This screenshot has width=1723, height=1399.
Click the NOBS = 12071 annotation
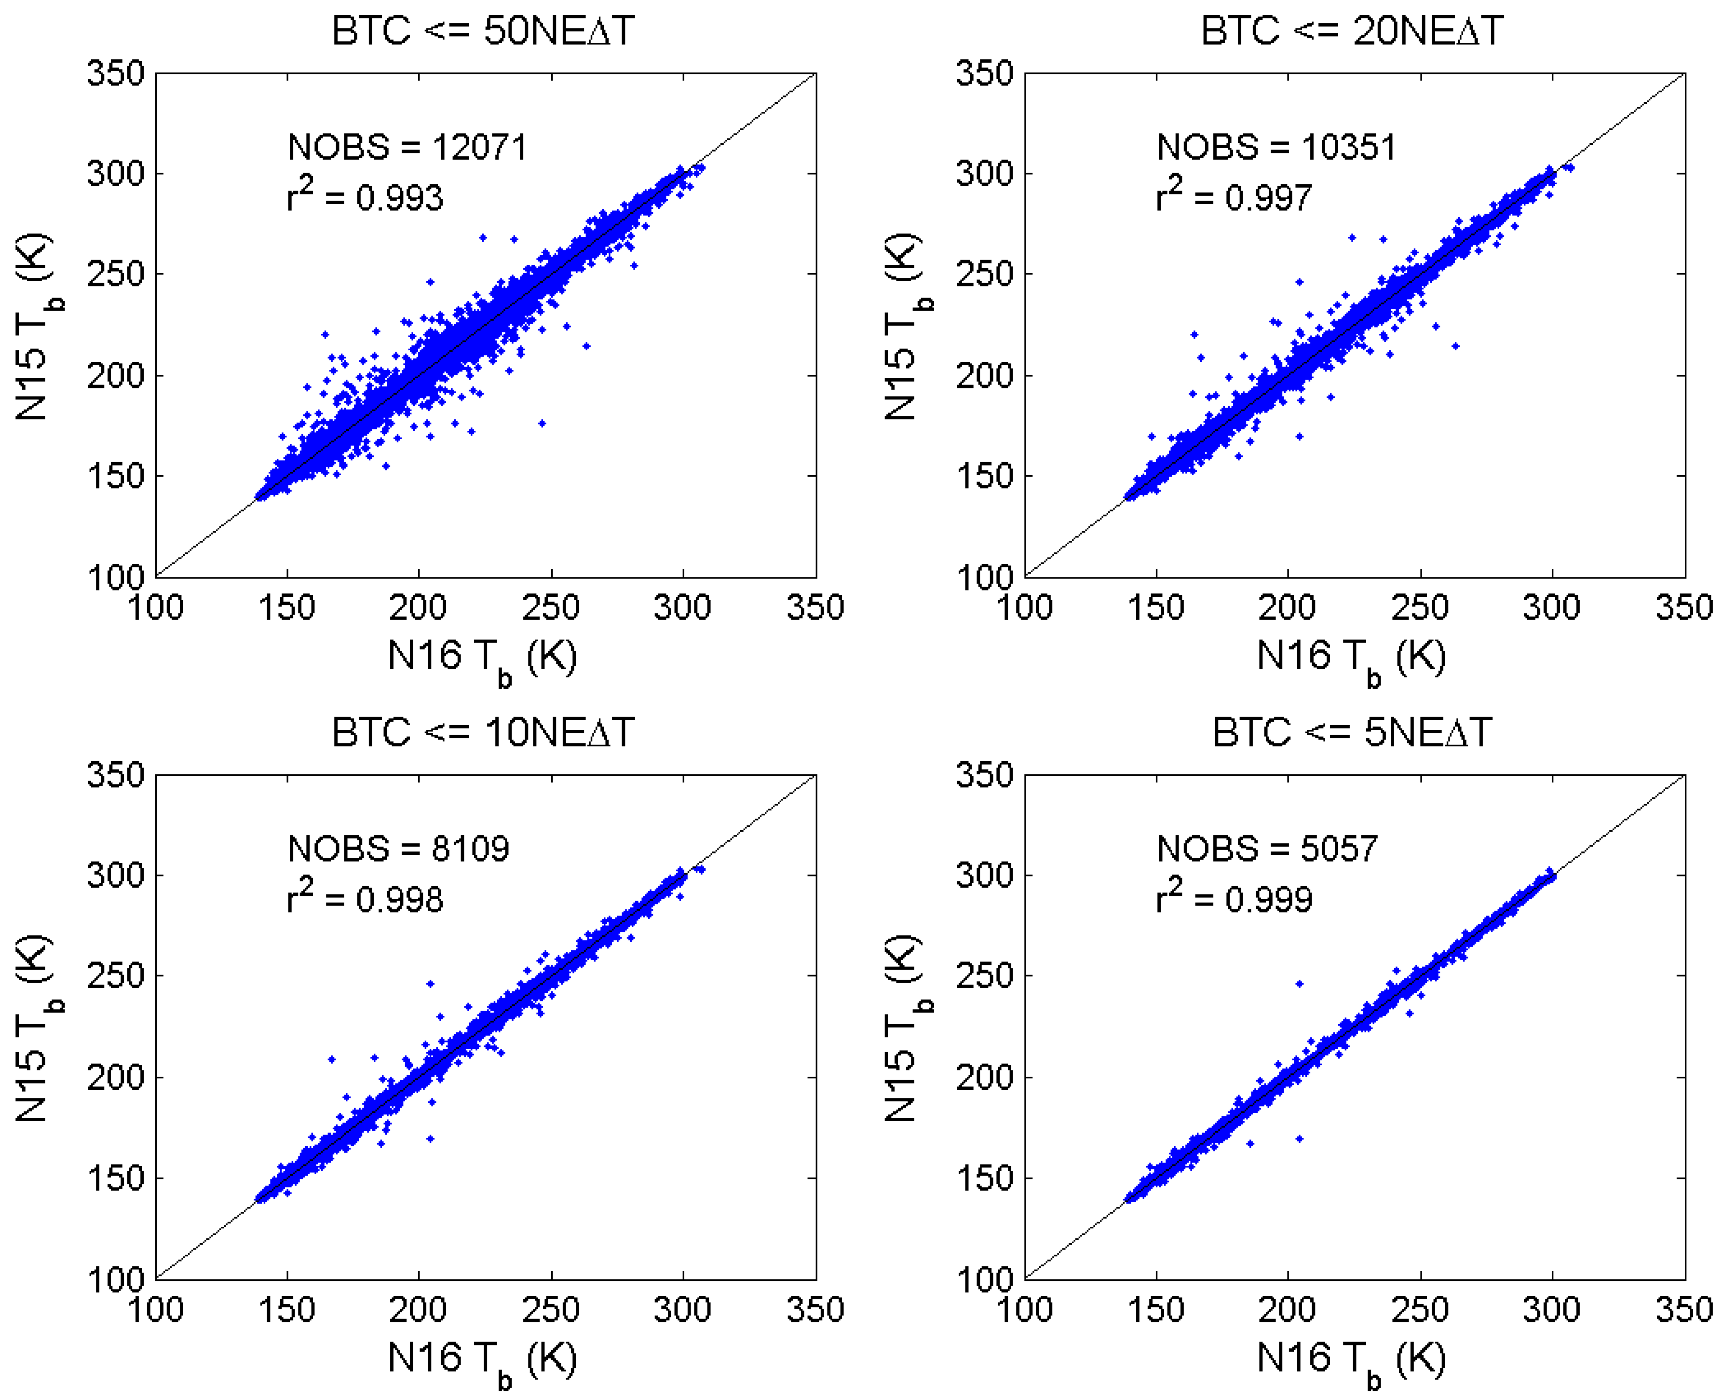click(407, 148)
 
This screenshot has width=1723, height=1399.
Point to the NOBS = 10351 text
click(1276, 148)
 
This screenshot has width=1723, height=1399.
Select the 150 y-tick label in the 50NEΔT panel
click(115, 476)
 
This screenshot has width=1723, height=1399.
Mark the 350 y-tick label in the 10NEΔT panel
click(115, 775)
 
